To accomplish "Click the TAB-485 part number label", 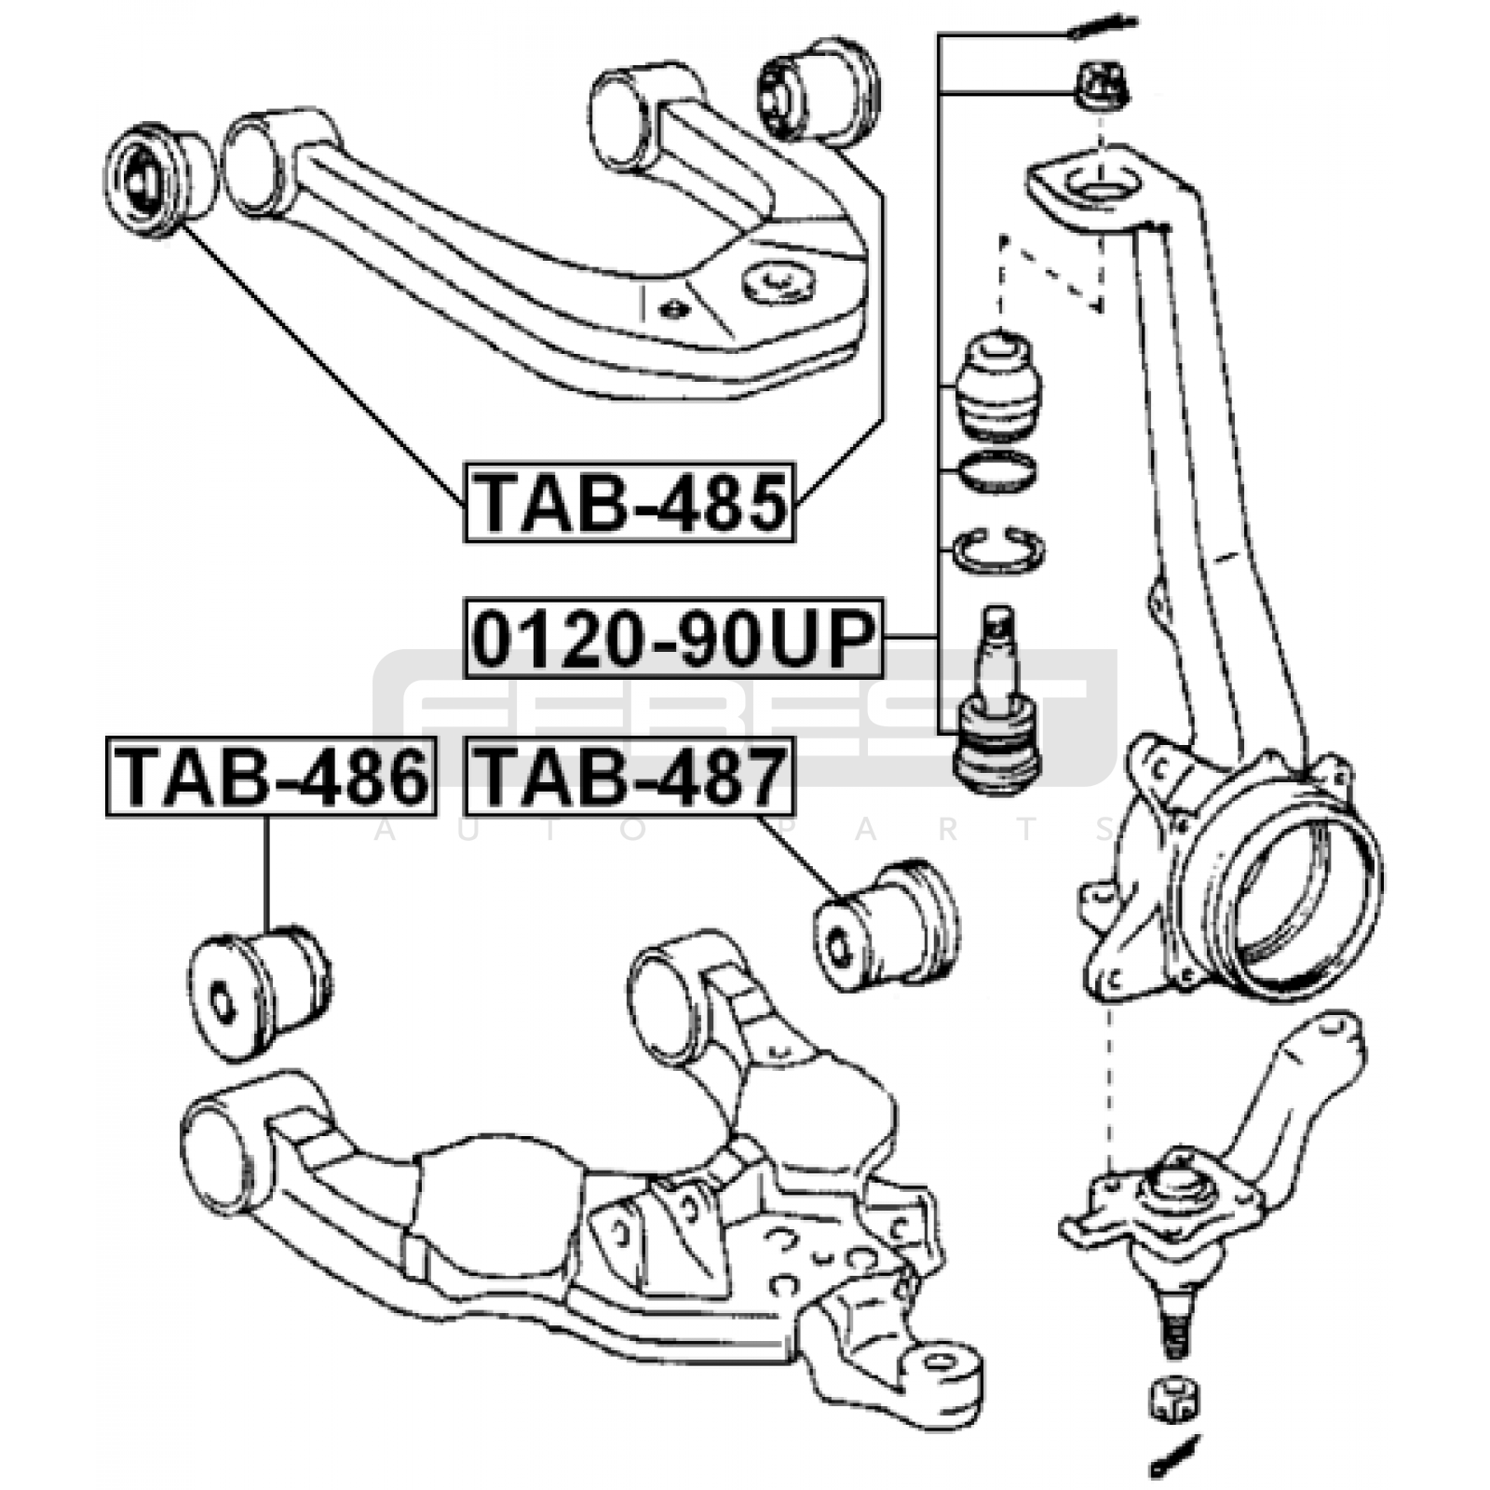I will (x=630, y=502).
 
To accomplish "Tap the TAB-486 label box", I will (x=271, y=777).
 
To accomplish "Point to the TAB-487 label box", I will (x=630, y=777).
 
